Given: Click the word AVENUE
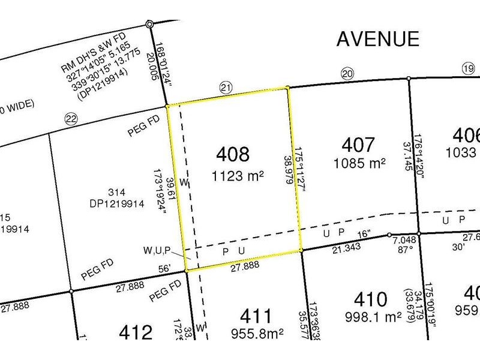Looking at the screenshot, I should (377, 38).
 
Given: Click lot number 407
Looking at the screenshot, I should (359, 145).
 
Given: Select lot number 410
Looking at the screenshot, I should (370, 299).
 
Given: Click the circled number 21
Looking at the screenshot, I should (226, 88).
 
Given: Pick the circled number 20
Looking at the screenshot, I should (347, 74).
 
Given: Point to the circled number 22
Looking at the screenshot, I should (71, 119).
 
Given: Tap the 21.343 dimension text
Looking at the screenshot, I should (344, 248).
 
